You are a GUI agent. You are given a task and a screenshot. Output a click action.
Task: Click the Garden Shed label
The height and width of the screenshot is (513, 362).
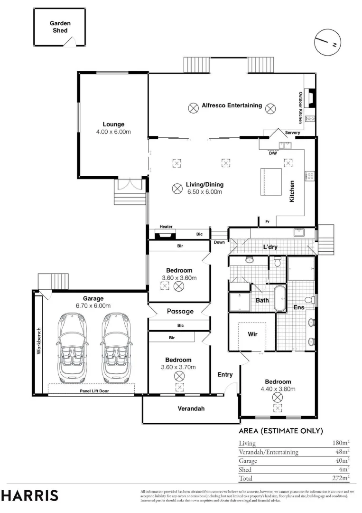(60, 27)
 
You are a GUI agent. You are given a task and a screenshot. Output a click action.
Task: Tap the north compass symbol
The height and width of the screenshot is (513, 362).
(327, 42)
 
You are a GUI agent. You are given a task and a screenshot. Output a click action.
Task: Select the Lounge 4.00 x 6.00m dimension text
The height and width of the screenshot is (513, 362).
(113, 132)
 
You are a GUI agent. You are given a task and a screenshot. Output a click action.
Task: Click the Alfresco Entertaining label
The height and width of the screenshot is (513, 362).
(232, 105)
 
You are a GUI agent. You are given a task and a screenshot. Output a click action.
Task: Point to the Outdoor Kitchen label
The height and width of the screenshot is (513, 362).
(301, 108)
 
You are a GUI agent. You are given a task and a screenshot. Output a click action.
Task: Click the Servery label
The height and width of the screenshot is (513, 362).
(292, 133)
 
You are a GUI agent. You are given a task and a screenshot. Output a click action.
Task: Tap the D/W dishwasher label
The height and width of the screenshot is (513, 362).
(273, 153)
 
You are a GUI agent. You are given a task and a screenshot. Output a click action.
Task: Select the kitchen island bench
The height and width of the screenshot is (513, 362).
(271, 181)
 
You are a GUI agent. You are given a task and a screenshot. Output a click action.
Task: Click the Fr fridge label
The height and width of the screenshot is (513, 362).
(267, 222)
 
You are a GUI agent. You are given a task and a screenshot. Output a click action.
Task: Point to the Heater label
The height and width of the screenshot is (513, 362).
(166, 227)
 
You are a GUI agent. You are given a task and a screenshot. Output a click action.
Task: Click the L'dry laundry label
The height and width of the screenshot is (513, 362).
(270, 247)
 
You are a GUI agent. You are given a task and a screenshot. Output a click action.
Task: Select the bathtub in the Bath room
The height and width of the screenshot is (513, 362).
(279, 299)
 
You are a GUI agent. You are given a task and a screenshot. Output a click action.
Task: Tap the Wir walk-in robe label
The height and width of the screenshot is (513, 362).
(252, 334)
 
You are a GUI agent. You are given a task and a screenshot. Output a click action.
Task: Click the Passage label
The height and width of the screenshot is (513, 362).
(180, 311)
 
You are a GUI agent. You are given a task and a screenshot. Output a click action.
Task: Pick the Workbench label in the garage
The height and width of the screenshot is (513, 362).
(39, 341)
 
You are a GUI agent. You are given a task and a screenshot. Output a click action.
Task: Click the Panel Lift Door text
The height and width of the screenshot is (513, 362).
(94, 391)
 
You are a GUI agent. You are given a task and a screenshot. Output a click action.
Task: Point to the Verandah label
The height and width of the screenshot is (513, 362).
(191, 408)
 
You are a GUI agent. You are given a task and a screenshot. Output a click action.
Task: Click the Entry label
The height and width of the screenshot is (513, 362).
(225, 375)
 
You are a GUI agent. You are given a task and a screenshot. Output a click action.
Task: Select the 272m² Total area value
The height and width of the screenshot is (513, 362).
(341, 478)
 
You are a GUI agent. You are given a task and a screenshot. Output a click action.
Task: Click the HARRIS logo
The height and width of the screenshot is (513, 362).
(30, 495)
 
